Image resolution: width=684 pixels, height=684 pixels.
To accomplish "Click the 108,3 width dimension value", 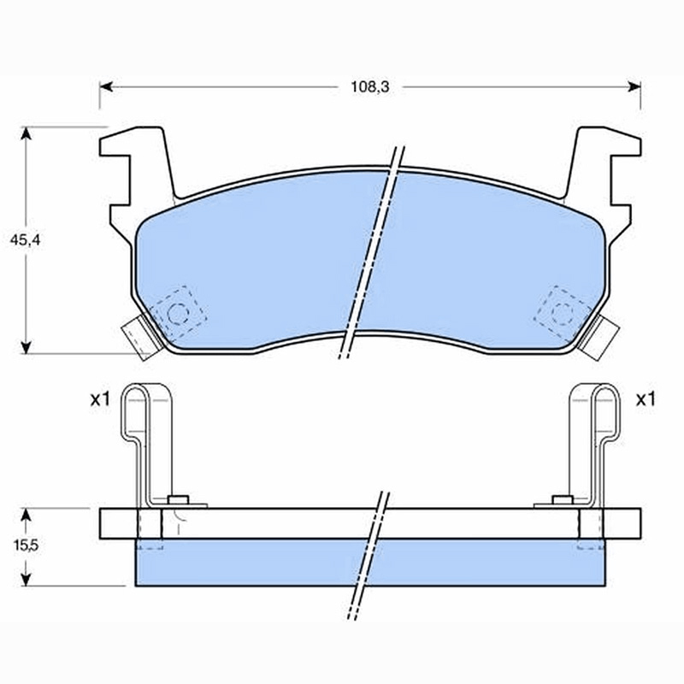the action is click(370, 87).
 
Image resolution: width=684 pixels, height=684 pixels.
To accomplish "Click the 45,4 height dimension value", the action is click(26, 240).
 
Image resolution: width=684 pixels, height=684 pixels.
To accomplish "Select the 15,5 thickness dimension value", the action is click(26, 545).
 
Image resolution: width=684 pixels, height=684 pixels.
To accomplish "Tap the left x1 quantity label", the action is click(100, 399).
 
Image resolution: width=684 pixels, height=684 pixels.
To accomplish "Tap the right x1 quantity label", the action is click(646, 399).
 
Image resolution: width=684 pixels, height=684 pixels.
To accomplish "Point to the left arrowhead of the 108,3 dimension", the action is click(106, 87).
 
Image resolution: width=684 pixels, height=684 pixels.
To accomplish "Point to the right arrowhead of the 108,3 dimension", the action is click(634, 87).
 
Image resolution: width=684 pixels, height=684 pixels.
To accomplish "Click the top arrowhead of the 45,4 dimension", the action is click(27, 133).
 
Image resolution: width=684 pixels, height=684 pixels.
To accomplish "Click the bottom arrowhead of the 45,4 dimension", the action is click(27, 347).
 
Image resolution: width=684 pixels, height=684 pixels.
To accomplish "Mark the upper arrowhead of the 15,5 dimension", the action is click(27, 516).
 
